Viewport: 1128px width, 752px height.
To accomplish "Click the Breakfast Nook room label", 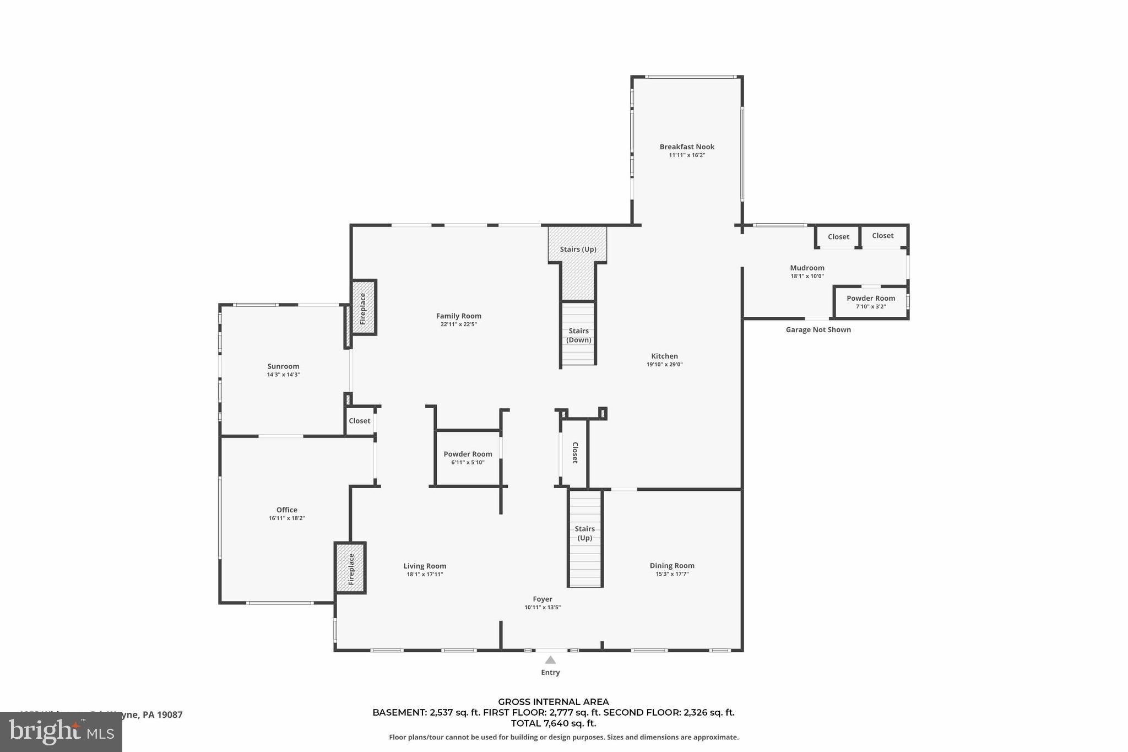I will (x=687, y=147).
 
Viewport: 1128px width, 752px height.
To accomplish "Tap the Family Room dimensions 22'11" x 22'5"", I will (x=458, y=324).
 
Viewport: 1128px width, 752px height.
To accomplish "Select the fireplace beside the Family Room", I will (x=364, y=307).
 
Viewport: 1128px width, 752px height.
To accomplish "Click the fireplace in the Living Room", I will (x=351, y=568).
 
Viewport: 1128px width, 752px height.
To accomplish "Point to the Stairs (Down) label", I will (x=578, y=335).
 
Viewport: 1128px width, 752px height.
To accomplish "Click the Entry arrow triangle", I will (x=550, y=660).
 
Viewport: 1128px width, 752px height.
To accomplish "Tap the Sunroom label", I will (x=283, y=366).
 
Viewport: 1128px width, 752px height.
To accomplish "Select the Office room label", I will (x=286, y=510).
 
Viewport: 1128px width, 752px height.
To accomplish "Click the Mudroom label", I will (x=807, y=268).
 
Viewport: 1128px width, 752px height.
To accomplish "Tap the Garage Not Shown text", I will (x=818, y=329).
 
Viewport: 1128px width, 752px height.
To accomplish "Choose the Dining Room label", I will (x=671, y=565).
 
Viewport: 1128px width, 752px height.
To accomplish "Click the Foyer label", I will (x=543, y=599).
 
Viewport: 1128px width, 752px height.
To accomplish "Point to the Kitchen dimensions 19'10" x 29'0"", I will (x=664, y=364).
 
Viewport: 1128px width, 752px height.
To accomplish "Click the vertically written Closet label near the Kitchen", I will (x=575, y=452).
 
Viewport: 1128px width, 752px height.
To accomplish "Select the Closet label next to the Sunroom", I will (x=359, y=421).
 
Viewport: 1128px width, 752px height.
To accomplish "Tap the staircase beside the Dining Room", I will (x=585, y=539).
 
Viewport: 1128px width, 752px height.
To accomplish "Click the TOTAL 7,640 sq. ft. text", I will (x=553, y=723).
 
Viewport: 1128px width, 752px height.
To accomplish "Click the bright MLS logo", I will (x=61, y=732).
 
